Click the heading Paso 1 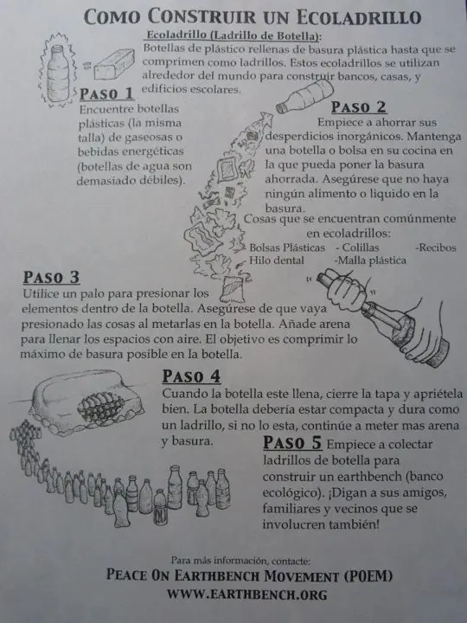click(107, 93)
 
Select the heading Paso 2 click(359, 107)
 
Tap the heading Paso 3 click(51, 278)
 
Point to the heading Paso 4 click(191, 376)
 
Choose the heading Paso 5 click(292, 442)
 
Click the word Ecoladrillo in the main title click(359, 17)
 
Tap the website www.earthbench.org click(247, 594)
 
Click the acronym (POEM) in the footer click(368, 575)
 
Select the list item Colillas click(357, 247)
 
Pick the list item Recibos click(436, 247)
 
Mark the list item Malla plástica click(370, 260)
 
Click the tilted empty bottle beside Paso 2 click(304, 97)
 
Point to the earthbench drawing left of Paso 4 click(86, 402)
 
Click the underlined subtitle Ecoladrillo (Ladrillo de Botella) click(233, 35)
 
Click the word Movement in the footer click(302, 575)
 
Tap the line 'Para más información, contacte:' click(240, 561)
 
